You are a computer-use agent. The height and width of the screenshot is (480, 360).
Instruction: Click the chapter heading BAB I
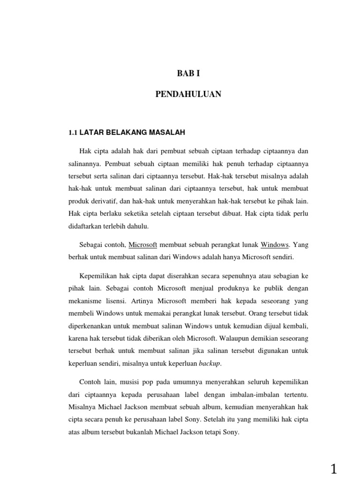pos(187,73)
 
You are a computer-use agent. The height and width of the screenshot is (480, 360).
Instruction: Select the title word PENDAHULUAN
pos(188,95)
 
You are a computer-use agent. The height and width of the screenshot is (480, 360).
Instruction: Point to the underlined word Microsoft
pos(143,245)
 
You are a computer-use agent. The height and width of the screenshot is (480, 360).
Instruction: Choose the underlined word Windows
pos(275,245)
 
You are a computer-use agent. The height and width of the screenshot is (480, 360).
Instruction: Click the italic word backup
pos(209,363)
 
